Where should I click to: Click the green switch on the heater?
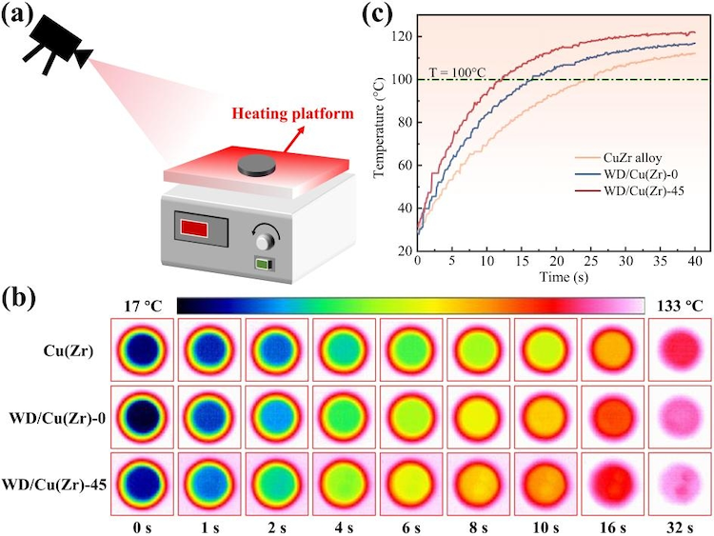(260, 265)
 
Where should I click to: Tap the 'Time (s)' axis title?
(556, 276)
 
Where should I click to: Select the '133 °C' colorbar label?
(682, 307)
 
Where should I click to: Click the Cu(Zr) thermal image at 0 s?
(143, 348)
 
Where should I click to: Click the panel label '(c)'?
(371, 17)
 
